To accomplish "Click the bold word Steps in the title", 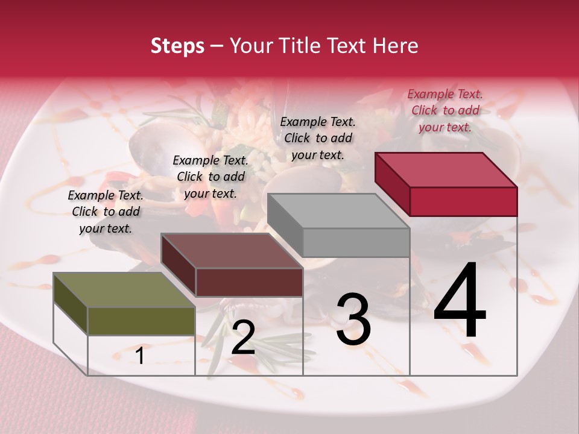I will (177, 46).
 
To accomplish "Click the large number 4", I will (460, 301).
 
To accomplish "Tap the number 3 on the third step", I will (353, 319).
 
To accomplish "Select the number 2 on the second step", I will (243, 338).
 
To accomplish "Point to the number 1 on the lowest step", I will (140, 356).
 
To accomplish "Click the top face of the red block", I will (445, 169).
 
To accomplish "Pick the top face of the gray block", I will (338, 210).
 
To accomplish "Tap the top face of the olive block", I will (124, 290).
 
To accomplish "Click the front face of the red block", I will (463, 201).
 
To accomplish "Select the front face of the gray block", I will (356, 242).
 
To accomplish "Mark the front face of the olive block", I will (141, 321).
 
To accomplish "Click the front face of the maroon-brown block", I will (249, 282).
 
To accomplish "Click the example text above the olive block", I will (106, 212).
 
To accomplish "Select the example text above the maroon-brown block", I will (210, 177).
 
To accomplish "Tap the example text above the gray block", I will (318, 138).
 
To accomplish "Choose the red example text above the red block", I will (445, 110).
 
